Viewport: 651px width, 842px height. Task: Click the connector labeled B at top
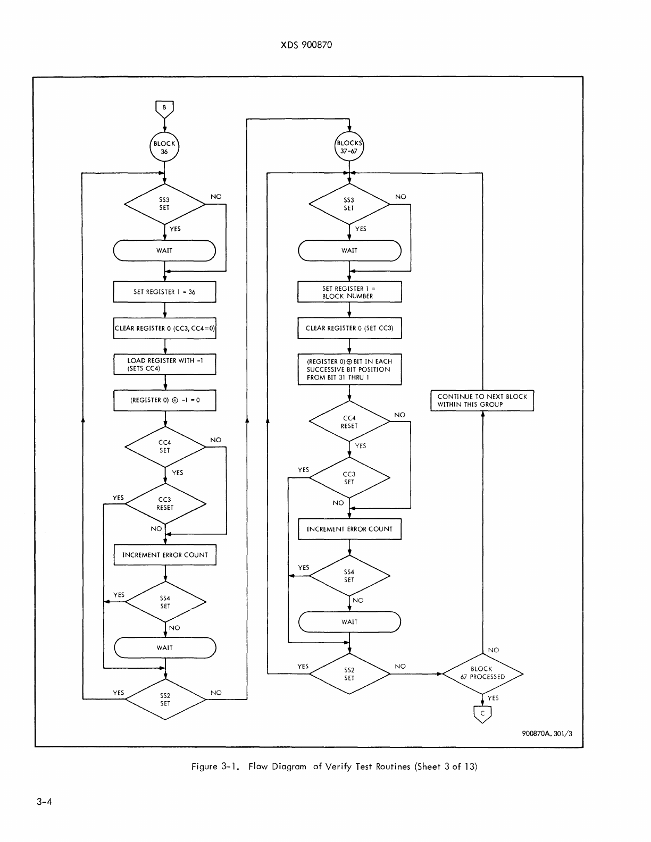click(x=164, y=108)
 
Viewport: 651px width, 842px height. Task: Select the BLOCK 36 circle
click(x=164, y=147)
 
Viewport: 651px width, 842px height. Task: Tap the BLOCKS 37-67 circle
click(x=349, y=147)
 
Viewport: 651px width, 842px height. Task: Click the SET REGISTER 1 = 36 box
click(x=164, y=292)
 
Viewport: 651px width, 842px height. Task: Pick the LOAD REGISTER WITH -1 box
click(x=164, y=364)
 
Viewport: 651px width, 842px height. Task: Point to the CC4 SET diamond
click(x=165, y=447)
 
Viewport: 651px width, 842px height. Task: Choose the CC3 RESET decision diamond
click(x=165, y=503)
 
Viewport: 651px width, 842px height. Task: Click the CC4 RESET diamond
click(x=349, y=422)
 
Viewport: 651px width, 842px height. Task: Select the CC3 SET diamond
click(x=349, y=478)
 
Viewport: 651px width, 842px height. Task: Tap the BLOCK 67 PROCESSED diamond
click(x=482, y=673)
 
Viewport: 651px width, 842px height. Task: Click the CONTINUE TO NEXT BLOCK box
click(x=482, y=400)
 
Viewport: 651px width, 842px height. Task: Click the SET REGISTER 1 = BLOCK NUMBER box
click(x=349, y=292)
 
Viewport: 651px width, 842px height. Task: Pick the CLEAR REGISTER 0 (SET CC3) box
click(x=349, y=328)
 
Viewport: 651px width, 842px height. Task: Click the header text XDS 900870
click(x=306, y=45)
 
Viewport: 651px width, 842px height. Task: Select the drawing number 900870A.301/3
click(x=547, y=734)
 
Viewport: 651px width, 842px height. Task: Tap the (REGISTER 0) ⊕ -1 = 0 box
click(x=164, y=400)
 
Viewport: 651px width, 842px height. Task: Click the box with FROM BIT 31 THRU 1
click(x=349, y=369)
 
